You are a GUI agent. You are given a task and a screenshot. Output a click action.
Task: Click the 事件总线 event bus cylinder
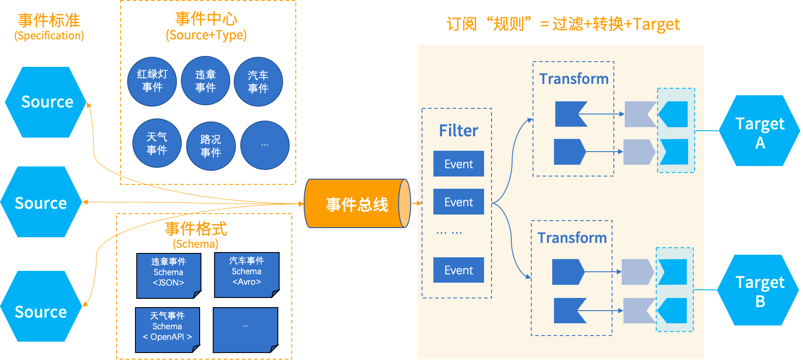[357, 204]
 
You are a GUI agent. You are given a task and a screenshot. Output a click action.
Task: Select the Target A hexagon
[760, 131]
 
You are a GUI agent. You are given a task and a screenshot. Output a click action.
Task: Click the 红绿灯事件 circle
[152, 81]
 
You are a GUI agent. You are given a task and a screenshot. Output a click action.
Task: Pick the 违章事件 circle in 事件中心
[205, 81]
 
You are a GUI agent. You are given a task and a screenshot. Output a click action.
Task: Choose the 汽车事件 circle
[258, 82]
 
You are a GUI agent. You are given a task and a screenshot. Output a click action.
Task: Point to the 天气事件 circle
[157, 144]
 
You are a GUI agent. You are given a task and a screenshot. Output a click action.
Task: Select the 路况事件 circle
[211, 146]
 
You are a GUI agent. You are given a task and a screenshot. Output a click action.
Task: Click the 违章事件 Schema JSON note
[169, 275]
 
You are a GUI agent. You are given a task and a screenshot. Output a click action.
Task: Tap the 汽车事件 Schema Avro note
[246, 274]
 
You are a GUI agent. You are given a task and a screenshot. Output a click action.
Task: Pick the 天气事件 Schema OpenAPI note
[167, 329]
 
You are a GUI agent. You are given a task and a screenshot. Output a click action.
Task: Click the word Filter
[458, 131]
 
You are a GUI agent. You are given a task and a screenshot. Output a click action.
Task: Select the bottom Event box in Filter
[458, 270]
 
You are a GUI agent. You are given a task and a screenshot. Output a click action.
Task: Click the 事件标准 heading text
[49, 21]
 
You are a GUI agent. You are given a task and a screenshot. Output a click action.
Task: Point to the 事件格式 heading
[196, 228]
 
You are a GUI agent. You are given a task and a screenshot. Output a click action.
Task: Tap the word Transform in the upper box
[574, 79]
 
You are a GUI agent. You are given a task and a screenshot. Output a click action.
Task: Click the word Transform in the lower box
[572, 238]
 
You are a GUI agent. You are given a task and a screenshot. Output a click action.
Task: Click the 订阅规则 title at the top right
[563, 24]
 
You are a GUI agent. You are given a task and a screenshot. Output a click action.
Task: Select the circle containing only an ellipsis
[265, 145]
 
